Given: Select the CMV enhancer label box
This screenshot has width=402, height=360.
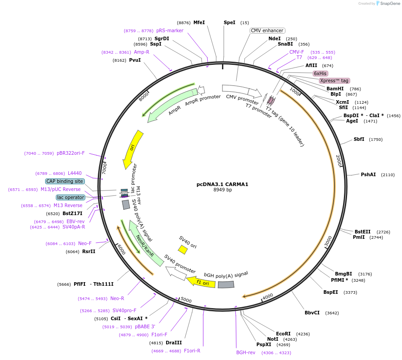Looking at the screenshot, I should click(267, 31).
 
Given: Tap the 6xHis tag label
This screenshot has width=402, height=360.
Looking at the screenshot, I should click(320, 73).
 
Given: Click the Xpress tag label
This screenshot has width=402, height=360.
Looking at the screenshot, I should click(334, 81).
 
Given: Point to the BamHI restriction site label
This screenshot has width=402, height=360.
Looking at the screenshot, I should click(335, 89).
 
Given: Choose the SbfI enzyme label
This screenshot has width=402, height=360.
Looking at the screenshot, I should click(359, 139).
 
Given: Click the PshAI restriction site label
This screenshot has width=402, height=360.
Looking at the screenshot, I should click(368, 174).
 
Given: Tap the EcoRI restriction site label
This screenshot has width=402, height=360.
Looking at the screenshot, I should click(283, 334).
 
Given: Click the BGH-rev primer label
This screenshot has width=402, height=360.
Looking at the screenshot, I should click(246, 352).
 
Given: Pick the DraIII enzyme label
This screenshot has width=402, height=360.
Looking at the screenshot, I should click(173, 343).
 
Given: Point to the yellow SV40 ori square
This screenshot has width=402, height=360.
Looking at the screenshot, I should click(183, 249).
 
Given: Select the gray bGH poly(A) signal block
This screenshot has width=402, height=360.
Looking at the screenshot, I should click(226, 284).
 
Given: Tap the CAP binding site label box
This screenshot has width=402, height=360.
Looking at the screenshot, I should click(64, 182).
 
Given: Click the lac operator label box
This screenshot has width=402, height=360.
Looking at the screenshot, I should click(70, 197).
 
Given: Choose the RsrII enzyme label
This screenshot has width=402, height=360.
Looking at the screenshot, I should click(88, 251).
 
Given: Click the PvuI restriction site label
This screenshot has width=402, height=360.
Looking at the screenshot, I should click(134, 60).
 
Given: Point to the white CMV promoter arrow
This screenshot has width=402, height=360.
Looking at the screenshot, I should click(242, 91).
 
